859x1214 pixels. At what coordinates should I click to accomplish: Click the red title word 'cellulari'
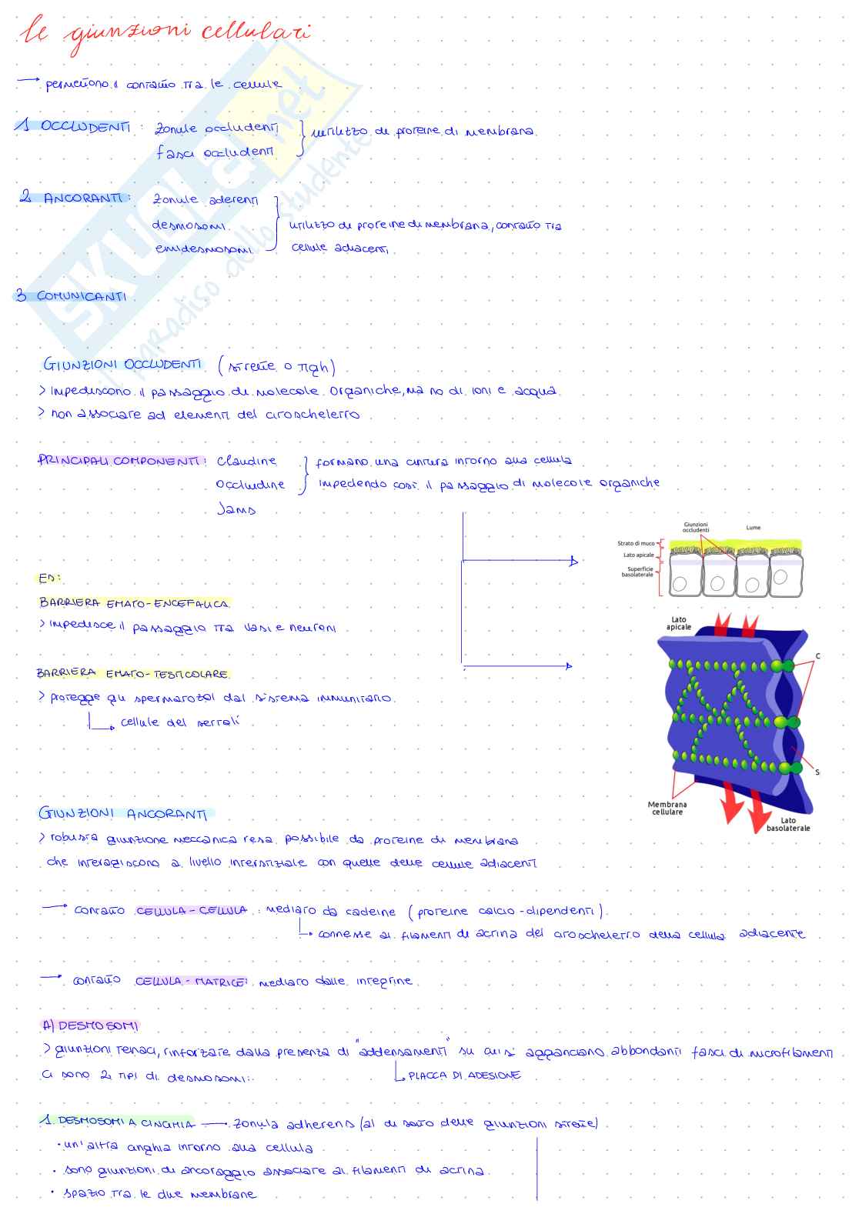point(256,32)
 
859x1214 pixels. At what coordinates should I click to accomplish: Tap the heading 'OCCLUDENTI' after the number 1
point(85,127)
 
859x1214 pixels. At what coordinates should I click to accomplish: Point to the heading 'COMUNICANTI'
point(82,296)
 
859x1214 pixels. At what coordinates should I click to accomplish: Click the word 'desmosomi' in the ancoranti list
point(189,225)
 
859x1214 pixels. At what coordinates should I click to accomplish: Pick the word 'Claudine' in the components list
point(246,461)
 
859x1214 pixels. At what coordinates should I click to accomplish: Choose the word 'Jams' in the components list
point(236,509)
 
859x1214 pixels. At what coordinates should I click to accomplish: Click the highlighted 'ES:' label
point(49,578)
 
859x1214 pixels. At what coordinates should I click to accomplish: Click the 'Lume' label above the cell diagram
point(753,528)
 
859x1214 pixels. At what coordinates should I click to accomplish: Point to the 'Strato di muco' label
point(636,543)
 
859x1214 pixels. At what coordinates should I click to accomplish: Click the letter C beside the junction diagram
point(817,656)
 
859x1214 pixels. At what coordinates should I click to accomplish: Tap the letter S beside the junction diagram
point(817,772)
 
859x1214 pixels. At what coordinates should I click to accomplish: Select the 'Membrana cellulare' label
point(667,808)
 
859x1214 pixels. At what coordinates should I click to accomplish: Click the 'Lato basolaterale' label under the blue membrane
point(787,824)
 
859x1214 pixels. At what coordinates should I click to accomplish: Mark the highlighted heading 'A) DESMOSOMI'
point(90,1026)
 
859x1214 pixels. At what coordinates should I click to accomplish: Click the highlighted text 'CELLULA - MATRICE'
point(191,982)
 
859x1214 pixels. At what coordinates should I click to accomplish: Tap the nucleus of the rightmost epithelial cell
point(779,578)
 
